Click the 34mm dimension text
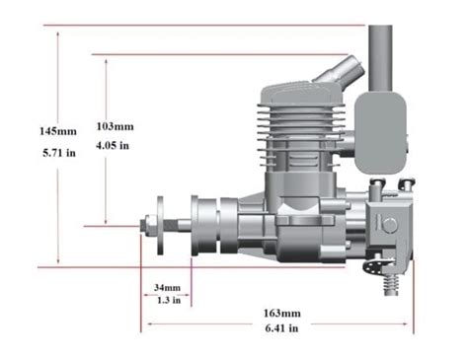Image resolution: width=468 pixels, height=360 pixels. tap(168, 288)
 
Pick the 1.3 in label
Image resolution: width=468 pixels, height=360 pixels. tap(168, 300)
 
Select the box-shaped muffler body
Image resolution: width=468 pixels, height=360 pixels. tap(380, 133)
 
